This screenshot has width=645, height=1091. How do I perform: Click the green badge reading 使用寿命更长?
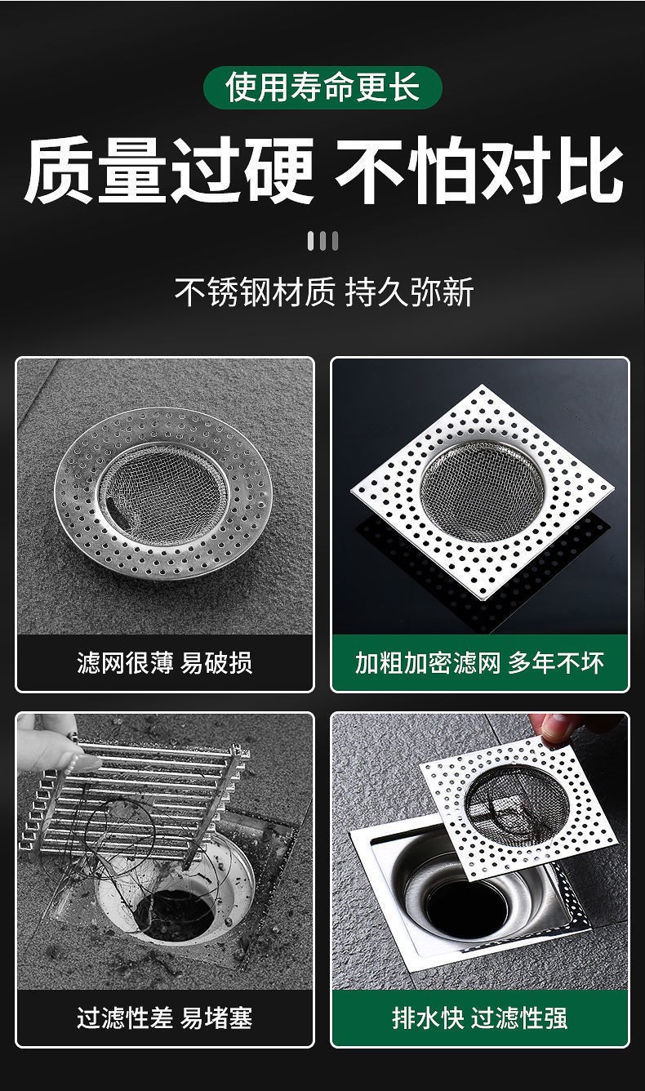(x=322, y=87)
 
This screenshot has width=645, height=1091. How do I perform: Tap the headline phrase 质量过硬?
(x=168, y=170)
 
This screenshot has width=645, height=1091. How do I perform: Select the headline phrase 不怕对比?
(x=479, y=170)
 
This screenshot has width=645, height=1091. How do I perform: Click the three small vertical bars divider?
(x=322, y=241)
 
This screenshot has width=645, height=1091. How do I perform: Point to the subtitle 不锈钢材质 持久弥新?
(x=323, y=292)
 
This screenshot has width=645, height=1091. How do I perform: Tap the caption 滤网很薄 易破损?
(x=164, y=662)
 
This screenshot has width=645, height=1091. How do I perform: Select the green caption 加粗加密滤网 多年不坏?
(x=480, y=662)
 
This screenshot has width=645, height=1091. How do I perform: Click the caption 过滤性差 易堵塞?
(x=164, y=1018)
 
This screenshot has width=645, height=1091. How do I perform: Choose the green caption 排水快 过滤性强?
(x=480, y=1018)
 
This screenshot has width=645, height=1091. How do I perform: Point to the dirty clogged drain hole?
(x=176, y=906)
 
